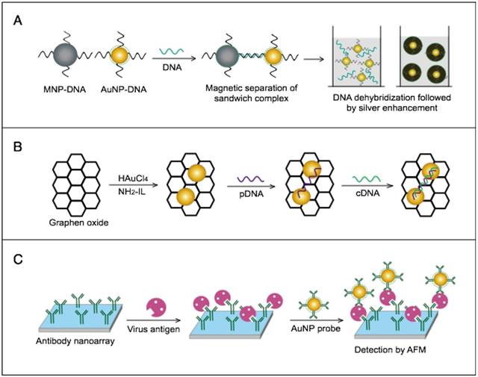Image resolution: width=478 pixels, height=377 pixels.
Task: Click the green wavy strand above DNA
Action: coord(172,51)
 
